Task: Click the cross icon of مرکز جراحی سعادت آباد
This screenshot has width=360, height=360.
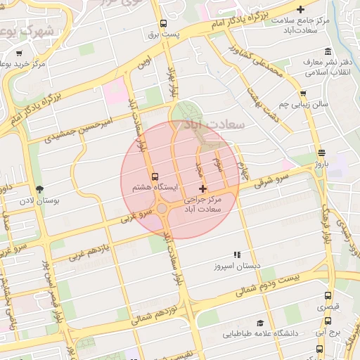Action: [x=203, y=188]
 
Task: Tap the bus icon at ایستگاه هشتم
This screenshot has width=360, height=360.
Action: [x=155, y=176]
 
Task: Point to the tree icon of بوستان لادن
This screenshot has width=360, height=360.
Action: [x=39, y=189]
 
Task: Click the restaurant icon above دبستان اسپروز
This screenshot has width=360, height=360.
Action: [x=237, y=255]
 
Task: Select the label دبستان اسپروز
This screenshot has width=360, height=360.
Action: [x=237, y=266]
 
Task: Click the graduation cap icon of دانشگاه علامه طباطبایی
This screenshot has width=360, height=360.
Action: [x=260, y=322]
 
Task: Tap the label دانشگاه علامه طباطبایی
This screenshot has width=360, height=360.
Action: [x=261, y=333]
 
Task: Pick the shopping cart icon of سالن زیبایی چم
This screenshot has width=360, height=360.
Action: [x=302, y=93]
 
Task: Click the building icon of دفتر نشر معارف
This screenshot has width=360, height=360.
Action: [x=328, y=52]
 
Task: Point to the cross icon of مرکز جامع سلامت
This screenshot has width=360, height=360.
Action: [x=301, y=9]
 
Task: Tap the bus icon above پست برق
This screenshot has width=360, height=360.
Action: [x=164, y=22]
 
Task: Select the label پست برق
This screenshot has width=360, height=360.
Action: [x=164, y=34]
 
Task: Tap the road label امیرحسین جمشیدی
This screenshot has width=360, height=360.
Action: [x=79, y=131]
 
